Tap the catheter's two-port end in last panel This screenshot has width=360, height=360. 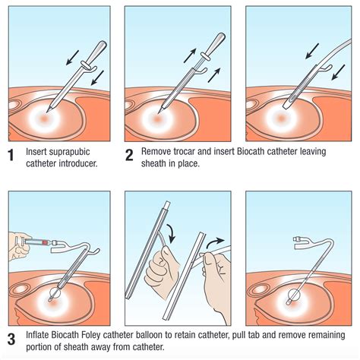(x=297, y=241)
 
